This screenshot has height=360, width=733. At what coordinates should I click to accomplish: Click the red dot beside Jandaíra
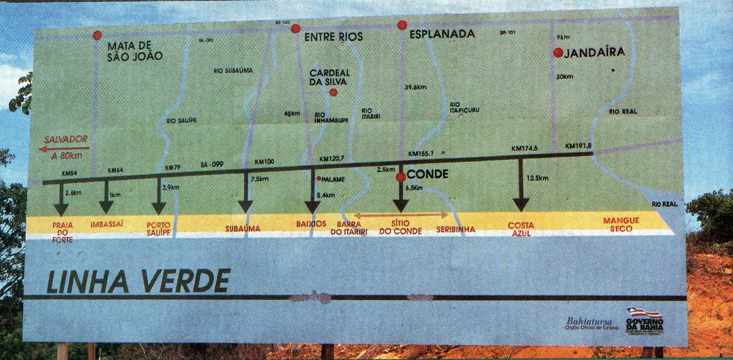(x=558, y=53)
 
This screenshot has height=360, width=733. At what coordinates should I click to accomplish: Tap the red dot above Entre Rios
(x=295, y=28)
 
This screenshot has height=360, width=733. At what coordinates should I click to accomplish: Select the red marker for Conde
(x=401, y=177)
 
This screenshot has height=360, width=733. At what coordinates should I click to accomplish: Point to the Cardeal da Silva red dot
(x=334, y=93)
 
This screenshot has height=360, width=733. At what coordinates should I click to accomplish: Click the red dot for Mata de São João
(x=97, y=35)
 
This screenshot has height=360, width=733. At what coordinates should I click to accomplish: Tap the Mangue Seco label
(x=621, y=224)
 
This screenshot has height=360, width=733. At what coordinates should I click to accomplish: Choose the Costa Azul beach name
(x=521, y=229)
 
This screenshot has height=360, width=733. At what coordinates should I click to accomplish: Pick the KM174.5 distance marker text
(x=525, y=149)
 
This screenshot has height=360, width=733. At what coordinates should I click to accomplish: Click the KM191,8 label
(x=578, y=146)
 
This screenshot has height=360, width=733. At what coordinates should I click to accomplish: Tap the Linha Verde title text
(x=138, y=281)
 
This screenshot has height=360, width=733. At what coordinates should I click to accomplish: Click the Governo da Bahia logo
(x=645, y=321)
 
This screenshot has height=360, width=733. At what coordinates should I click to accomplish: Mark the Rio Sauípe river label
(x=182, y=121)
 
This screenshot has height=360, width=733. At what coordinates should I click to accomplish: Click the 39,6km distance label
(x=416, y=87)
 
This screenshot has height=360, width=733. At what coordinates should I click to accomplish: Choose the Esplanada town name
(x=442, y=34)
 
